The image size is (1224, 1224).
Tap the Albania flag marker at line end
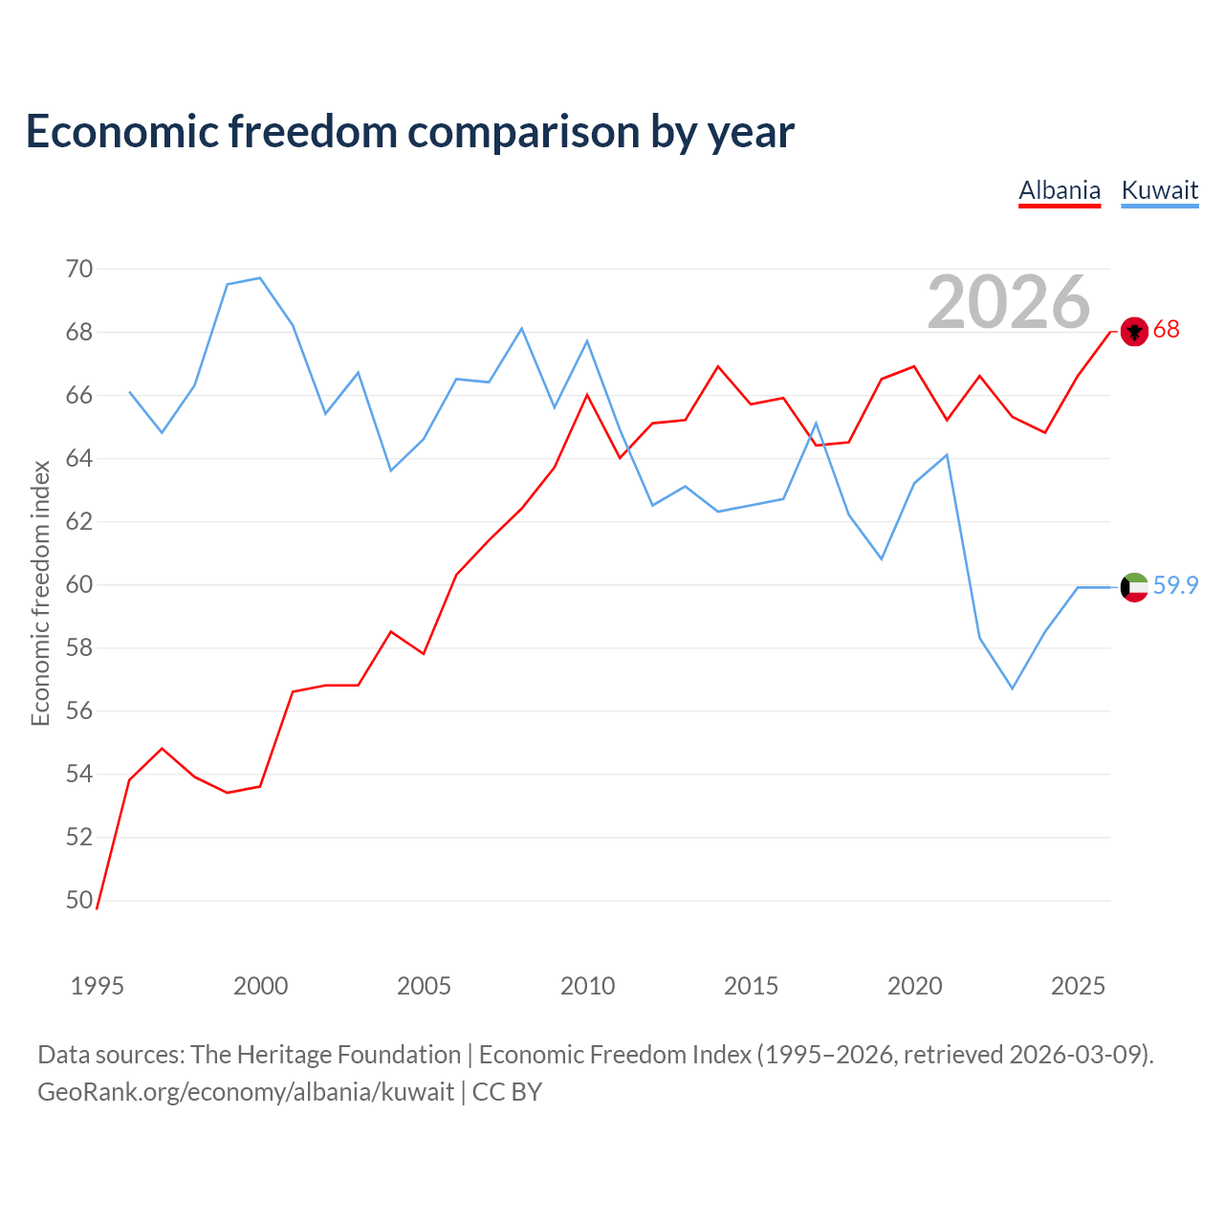pos(1134,332)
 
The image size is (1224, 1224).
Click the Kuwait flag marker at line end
pos(1134,587)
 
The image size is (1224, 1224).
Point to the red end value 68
pos(1167,330)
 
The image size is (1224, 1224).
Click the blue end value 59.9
pos(1176,585)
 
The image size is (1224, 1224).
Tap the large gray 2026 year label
pos(1009,302)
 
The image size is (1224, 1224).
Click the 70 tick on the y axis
pos(79,270)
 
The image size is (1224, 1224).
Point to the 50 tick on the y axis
pos(79,901)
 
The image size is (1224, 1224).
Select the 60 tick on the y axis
pos(79,585)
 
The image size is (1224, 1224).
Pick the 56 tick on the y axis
pos(79,711)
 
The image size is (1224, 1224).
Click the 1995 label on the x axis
pos(98,987)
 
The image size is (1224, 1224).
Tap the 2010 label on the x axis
pos(587,987)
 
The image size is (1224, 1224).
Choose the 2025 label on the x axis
pos(1078,987)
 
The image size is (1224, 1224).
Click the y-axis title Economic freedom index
pos(41,593)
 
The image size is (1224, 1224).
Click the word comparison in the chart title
pos(523,133)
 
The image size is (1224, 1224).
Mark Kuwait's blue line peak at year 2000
pos(260,278)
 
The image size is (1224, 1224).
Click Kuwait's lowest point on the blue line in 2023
pos(1013,688)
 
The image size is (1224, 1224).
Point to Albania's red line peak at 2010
pos(587,395)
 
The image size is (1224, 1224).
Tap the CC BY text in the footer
pos(507,1093)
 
